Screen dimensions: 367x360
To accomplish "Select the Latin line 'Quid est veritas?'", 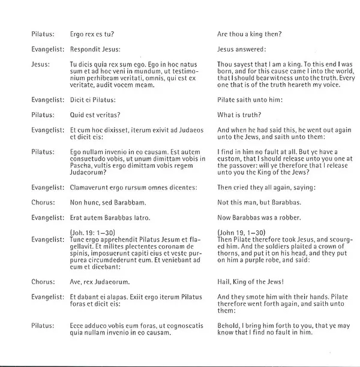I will (x=94, y=115).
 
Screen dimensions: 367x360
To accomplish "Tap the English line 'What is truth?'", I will (x=236, y=115).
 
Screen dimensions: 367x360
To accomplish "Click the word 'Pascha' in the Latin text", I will (x=80, y=168).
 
